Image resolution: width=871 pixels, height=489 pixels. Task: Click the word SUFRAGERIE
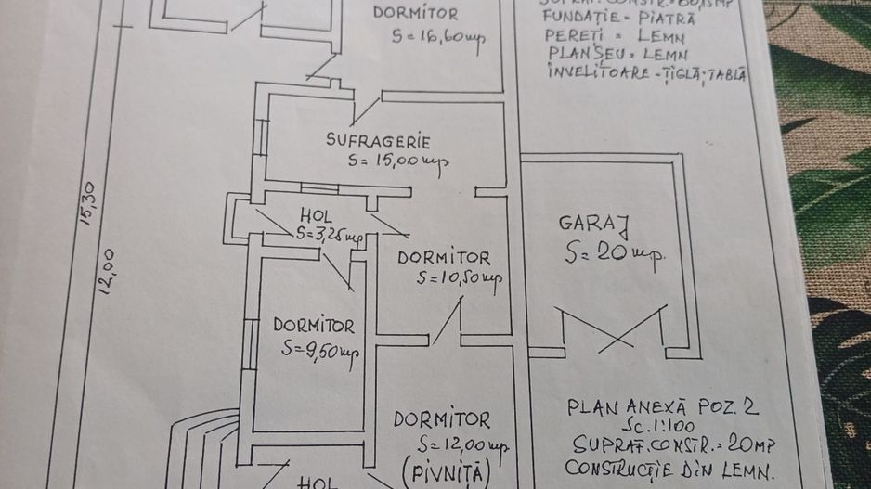click(x=378, y=141)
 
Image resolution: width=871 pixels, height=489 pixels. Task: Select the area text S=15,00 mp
click(x=399, y=161)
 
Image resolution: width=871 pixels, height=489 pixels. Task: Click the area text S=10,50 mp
click(x=460, y=277)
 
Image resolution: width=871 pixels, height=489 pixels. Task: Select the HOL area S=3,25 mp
click(x=329, y=234)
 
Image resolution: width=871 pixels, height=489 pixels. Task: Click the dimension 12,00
click(x=108, y=270)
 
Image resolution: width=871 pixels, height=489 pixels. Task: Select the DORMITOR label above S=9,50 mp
click(x=313, y=325)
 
